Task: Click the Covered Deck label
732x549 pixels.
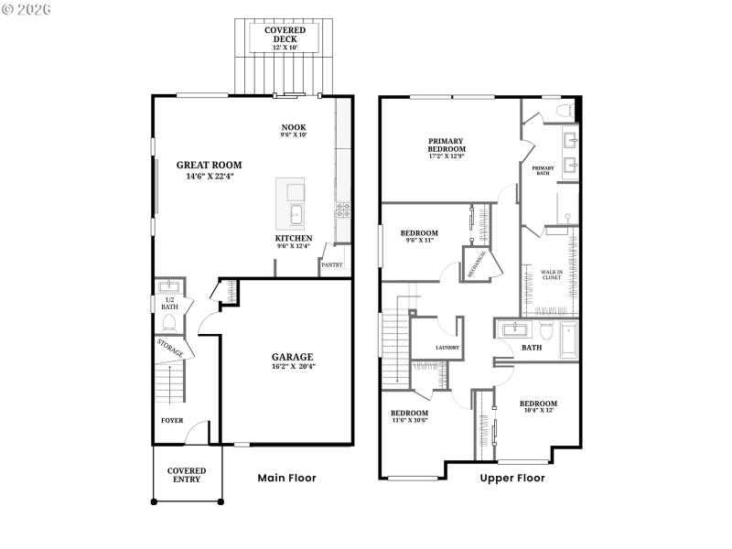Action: (x=285, y=30)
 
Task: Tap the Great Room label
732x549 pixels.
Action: (x=209, y=166)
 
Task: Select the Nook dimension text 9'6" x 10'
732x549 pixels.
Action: (x=294, y=135)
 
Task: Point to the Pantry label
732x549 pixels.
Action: (x=330, y=266)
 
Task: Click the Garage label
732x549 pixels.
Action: (x=292, y=357)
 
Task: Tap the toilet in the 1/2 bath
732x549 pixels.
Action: (x=169, y=323)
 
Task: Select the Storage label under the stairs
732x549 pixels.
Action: (x=170, y=348)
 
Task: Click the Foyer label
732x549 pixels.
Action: (x=172, y=421)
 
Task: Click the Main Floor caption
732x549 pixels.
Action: (x=287, y=478)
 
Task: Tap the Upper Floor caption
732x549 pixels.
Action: (x=512, y=478)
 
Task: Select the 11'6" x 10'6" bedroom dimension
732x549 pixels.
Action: (x=409, y=421)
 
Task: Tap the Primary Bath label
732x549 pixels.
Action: (x=542, y=170)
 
